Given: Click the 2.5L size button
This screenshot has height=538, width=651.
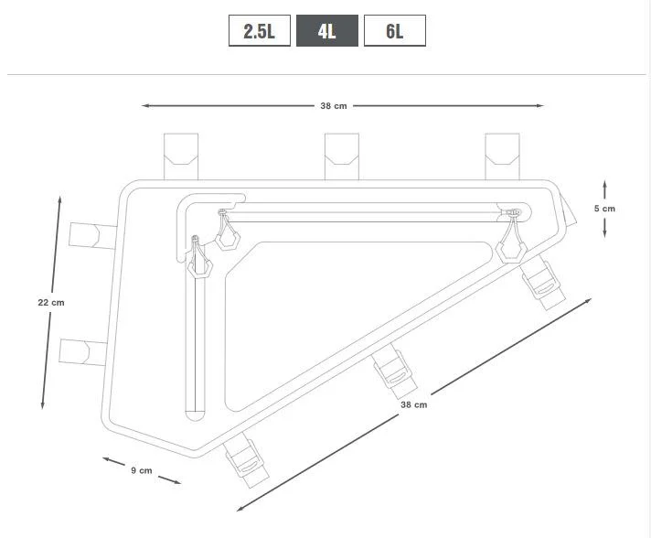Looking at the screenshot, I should pyautogui.click(x=259, y=31).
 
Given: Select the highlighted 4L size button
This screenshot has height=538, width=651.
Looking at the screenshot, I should pyautogui.click(x=326, y=31).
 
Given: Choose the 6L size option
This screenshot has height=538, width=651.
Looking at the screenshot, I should pyautogui.click(x=394, y=31).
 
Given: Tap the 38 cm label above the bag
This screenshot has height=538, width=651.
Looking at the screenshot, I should pyautogui.click(x=333, y=106).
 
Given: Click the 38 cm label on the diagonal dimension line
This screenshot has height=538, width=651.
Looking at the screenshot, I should pyautogui.click(x=413, y=404).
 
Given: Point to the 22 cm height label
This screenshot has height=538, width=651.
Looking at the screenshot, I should pyautogui.click(x=51, y=303).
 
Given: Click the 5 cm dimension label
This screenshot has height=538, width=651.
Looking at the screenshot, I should pyautogui.click(x=604, y=209).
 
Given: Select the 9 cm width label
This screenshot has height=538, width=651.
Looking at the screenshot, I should pyautogui.click(x=141, y=470).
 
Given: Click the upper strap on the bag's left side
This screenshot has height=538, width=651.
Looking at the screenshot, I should pyautogui.click(x=93, y=235).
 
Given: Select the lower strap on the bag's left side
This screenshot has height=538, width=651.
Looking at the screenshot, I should pyautogui.click(x=84, y=351).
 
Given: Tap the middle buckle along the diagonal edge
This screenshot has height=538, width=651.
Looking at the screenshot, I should pyautogui.click(x=397, y=371).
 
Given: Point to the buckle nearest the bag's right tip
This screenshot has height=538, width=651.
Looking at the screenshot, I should pyautogui.click(x=545, y=281).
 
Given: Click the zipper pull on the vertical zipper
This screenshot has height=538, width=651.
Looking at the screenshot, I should pyautogui.click(x=198, y=260).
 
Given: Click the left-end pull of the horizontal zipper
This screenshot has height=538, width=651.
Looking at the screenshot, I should pyautogui.click(x=226, y=232).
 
